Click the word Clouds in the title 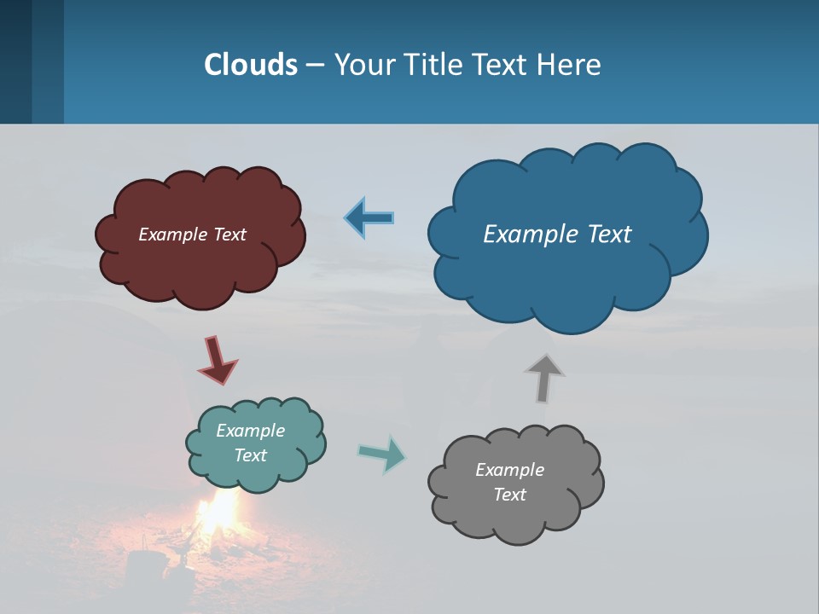tap(251, 65)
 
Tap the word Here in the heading tap(570, 65)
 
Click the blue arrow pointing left tap(369, 217)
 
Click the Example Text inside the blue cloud tap(557, 234)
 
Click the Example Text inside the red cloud tap(192, 235)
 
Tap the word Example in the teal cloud tap(250, 431)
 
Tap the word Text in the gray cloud tap(509, 495)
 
